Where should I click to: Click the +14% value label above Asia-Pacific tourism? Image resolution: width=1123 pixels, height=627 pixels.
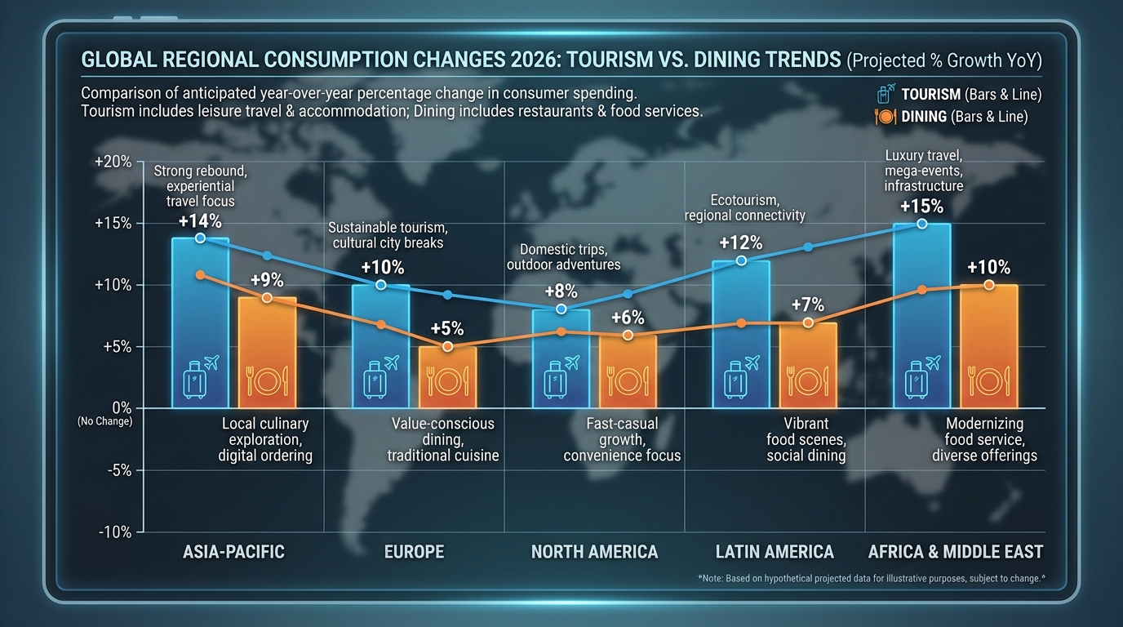(x=200, y=221)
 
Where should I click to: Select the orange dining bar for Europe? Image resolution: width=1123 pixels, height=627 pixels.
(x=448, y=377)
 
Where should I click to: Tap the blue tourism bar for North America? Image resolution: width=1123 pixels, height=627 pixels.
(x=561, y=358)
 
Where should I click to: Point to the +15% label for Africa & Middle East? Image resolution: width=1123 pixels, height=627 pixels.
(x=921, y=207)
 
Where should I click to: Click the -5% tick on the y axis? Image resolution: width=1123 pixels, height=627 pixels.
(x=119, y=470)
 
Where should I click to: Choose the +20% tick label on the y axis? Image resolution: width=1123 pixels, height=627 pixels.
(x=113, y=162)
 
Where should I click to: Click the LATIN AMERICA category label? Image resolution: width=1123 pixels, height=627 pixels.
(x=775, y=552)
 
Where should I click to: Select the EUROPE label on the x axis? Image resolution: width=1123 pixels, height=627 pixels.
(x=414, y=552)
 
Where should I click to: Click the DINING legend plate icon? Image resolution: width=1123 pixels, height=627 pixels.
(x=886, y=117)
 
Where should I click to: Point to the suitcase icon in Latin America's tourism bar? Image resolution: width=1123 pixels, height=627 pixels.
(x=735, y=380)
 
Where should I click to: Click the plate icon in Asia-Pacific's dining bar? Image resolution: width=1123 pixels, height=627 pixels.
(x=267, y=380)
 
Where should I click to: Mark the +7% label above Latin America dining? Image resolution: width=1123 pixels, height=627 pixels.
(x=808, y=305)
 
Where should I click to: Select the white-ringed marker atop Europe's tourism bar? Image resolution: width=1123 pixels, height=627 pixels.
(x=381, y=285)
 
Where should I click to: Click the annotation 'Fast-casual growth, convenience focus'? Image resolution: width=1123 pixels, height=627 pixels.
(x=622, y=439)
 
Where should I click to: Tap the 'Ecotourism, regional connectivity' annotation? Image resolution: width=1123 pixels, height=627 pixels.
(x=745, y=207)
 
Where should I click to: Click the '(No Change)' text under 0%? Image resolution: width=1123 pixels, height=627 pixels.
(x=104, y=421)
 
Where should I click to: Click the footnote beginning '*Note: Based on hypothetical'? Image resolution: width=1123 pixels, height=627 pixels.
(x=872, y=578)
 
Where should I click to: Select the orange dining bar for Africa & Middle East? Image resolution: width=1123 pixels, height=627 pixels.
(x=988, y=347)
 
